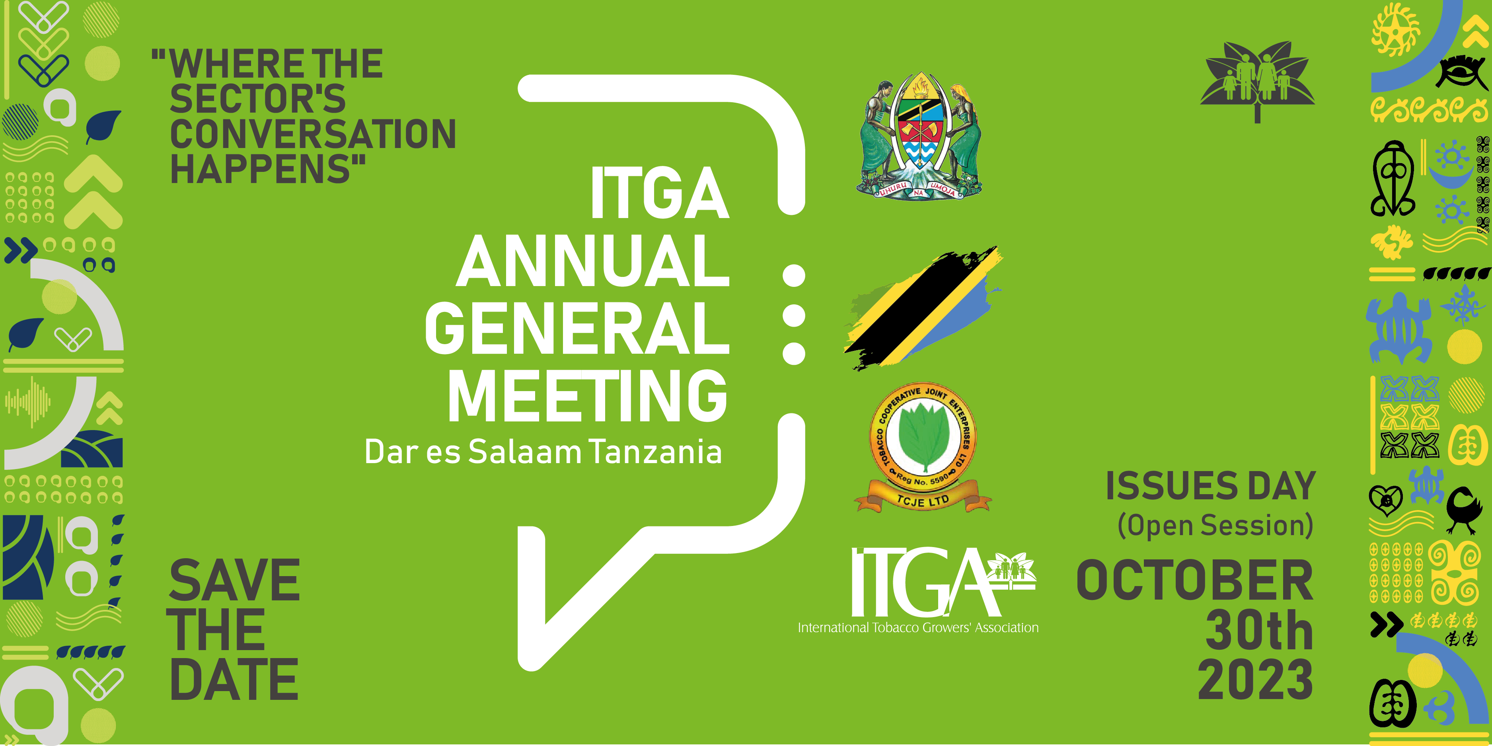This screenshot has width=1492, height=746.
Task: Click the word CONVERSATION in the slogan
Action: pyautogui.click(x=313, y=134)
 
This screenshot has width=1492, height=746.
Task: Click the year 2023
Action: pyautogui.click(x=1255, y=678)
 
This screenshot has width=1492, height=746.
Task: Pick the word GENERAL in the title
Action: pyautogui.click(x=577, y=328)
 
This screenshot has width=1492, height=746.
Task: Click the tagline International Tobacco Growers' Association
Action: pyautogui.click(x=918, y=628)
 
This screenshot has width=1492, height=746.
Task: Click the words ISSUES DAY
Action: pyautogui.click(x=1211, y=485)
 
